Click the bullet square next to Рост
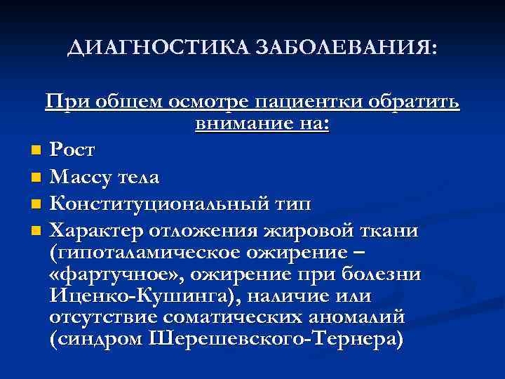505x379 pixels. click(36, 150)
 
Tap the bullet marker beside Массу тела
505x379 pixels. click(36, 177)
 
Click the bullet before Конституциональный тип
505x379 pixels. click(36, 204)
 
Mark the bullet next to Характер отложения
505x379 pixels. click(36, 232)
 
